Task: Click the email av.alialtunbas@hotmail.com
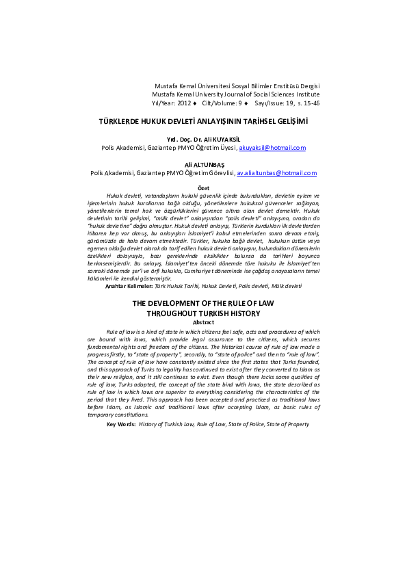tap(277, 173)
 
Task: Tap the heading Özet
tap(203, 187)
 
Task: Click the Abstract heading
tap(203, 322)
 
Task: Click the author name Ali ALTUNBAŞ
tap(203, 165)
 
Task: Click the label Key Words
tap(121, 424)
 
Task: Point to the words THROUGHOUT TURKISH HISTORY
tap(203, 313)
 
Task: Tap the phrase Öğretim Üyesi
tap(215, 147)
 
